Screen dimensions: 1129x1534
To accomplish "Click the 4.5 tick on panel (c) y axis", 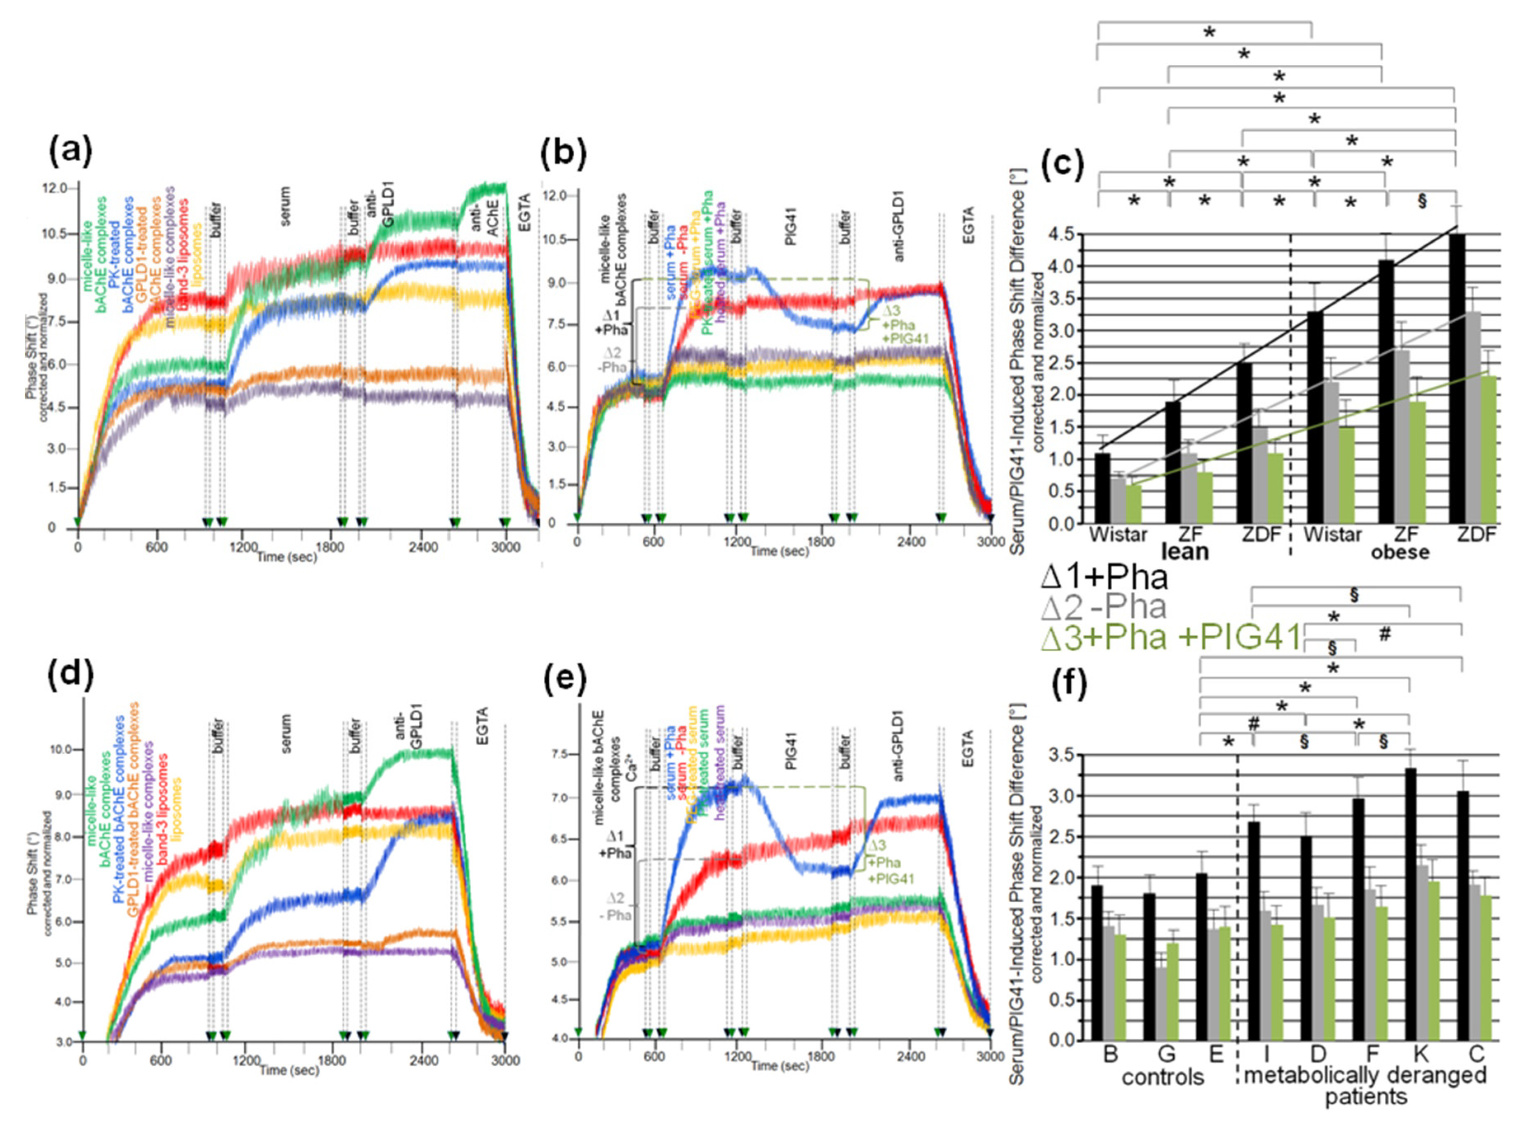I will [1065, 235].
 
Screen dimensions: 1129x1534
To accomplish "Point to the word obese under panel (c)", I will [1399, 552].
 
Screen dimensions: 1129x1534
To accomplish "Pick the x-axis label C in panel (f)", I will [1477, 1055].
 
